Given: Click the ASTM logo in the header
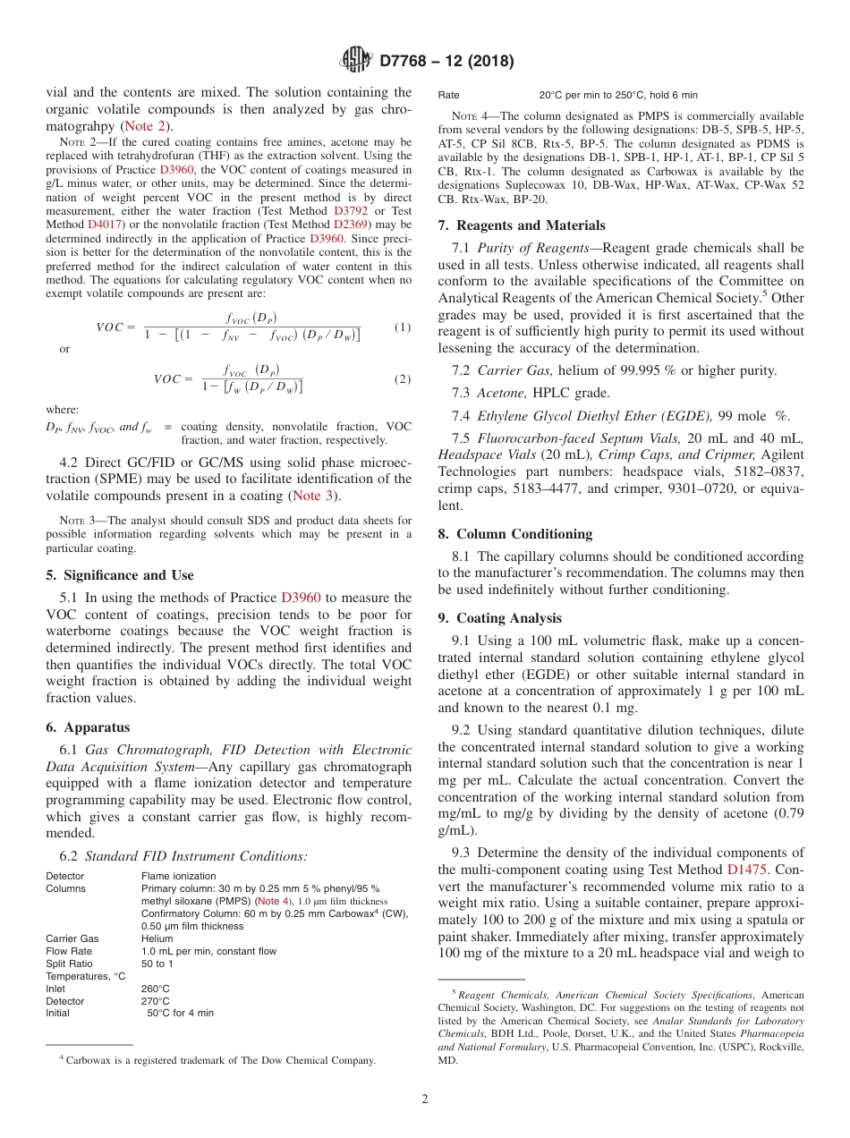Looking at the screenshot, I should pos(357,61).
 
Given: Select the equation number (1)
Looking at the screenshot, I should pos(403,327).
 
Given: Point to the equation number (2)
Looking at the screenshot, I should pos(403,378).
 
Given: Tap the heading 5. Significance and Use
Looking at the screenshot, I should pos(119,575).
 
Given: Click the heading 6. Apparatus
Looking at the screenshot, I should pos(88,727).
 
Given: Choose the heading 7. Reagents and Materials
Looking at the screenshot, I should pos(522,225).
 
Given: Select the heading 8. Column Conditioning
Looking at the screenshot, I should pos(515,534).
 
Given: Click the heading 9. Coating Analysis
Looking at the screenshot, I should pos(500,618).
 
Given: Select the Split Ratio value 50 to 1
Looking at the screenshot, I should pos(157,964).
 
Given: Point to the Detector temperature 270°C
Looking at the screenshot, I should pos(156,1001).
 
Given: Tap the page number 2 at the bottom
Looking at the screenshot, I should pos(425,1099).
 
